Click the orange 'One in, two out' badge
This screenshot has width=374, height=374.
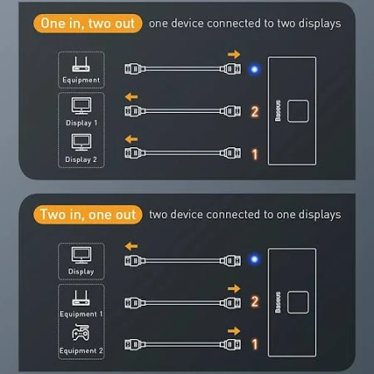click(87, 23)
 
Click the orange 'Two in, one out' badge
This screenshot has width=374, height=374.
click(87, 214)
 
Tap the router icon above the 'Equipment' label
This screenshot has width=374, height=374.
click(81, 65)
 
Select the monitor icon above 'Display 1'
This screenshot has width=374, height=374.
click(81, 106)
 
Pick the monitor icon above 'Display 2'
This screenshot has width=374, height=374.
click(81, 142)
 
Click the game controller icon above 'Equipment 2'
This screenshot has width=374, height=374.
click(81, 332)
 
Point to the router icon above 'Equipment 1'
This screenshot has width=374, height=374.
click(81, 298)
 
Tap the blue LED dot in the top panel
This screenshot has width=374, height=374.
click(254, 69)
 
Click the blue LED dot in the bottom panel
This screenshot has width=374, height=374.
click(254, 259)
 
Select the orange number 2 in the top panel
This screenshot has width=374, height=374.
click(254, 111)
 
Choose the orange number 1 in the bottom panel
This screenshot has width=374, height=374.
click(254, 344)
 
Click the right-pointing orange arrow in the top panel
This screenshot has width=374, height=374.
click(234, 54)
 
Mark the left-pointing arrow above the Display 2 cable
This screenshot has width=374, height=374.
click(131, 139)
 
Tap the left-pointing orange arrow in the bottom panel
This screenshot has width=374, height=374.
click(131, 246)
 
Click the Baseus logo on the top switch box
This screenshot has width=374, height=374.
click(278, 111)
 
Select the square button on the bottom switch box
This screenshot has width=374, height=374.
click(298, 303)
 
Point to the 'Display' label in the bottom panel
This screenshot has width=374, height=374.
click(81, 272)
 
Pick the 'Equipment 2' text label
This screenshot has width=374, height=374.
click(81, 351)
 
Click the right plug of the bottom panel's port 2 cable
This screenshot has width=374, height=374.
click(230, 303)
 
